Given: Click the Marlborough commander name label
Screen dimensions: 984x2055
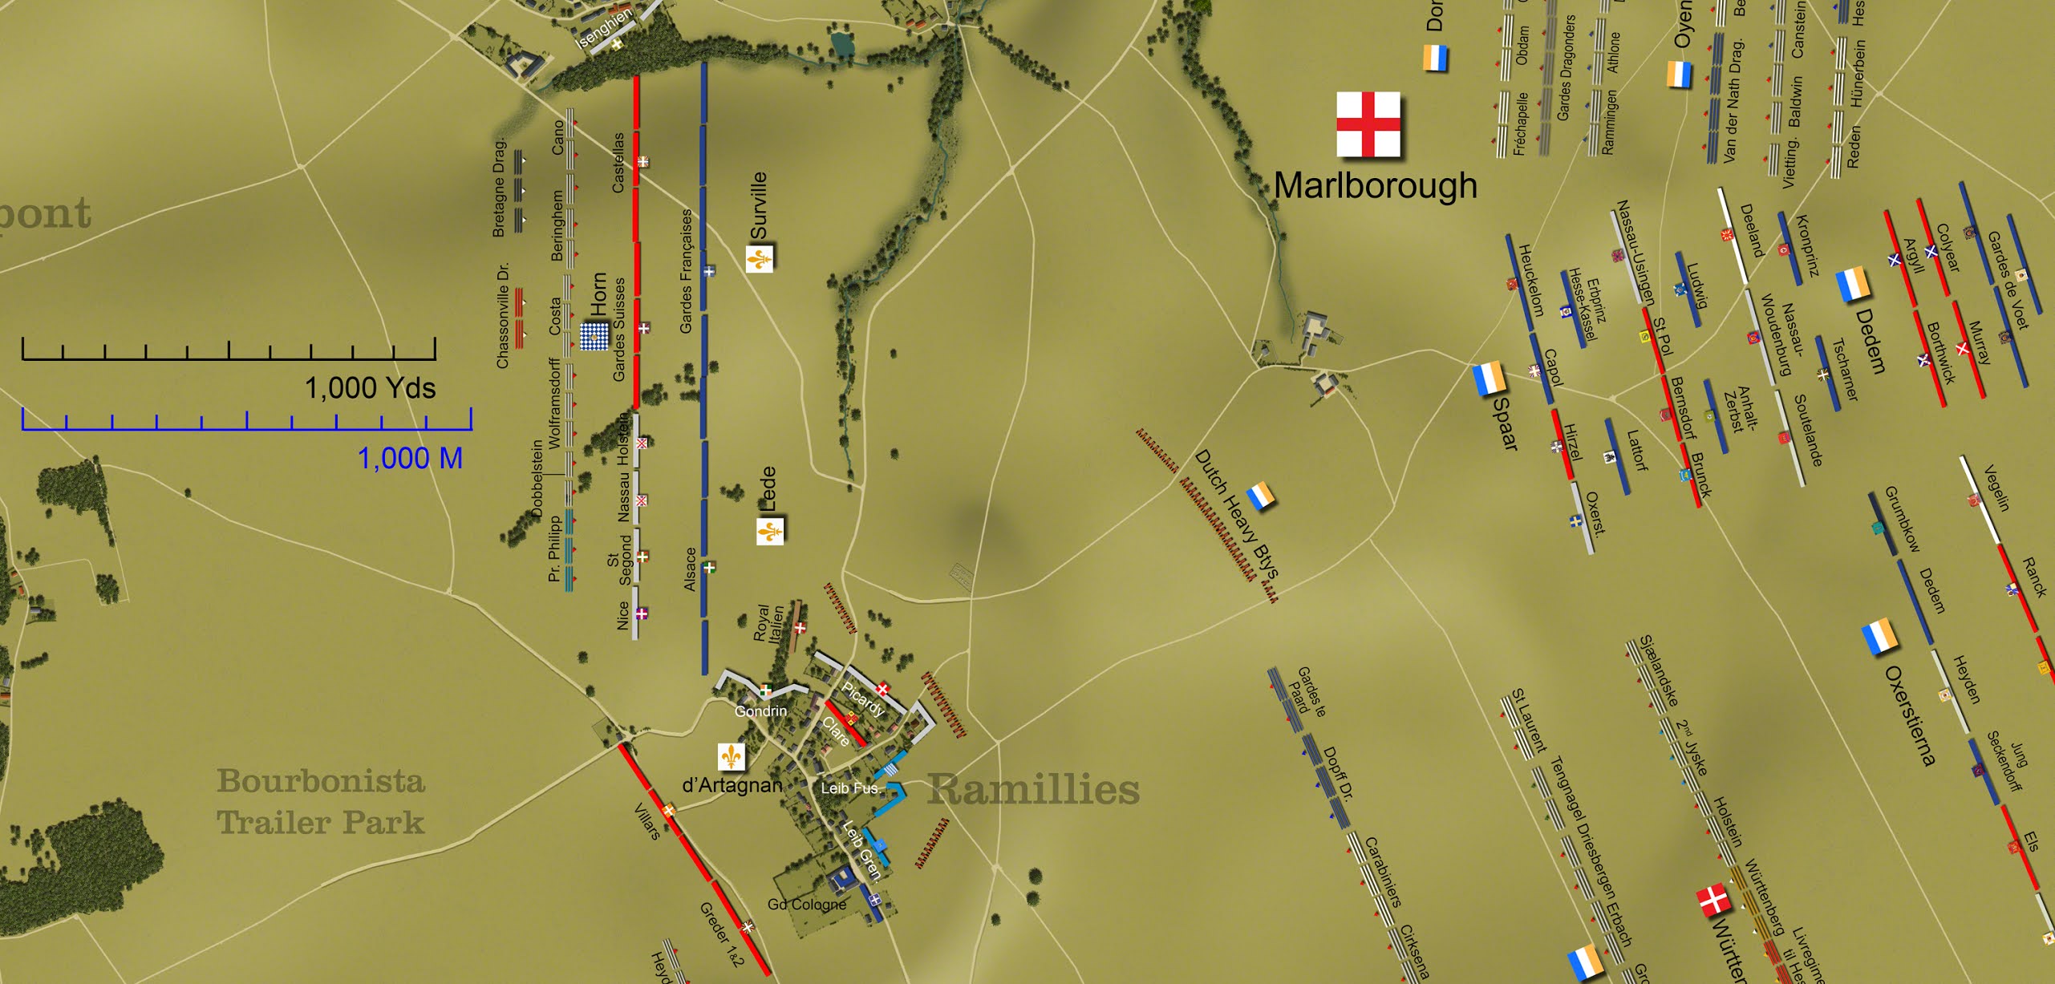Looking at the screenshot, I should pyautogui.click(x=1375, y=185).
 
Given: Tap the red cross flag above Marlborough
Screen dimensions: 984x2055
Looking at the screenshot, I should pyautogui.click(x=1368, y=124).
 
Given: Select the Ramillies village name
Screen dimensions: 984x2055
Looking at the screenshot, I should pyautogui.click(x=1033, y=789).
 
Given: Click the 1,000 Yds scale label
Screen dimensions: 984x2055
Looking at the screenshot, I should pyautogui.click(x=370, y=388).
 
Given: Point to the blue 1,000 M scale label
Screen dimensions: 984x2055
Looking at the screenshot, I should pyautogui.click(x=410, y=459).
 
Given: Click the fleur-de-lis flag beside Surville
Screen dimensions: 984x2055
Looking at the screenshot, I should pyautogui.click(x=760, y=259).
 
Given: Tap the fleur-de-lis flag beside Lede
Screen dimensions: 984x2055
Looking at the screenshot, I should pyautogui.click(x=770, y=531).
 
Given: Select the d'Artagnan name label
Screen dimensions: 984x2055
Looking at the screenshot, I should pyautogui.click(x=732, y=785).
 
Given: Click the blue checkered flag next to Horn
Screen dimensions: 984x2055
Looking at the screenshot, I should pyautogui.click(x=594, y=335).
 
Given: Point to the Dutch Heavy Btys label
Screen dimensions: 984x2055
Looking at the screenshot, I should pyautogui.click(x=1235, y=514).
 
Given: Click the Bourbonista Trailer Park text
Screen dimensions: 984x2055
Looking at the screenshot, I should pyautogui.click(x=321, y=801).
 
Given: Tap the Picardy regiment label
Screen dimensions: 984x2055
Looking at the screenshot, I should pyautogui.click(x=862, y=699).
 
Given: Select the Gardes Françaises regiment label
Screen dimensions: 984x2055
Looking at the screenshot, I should pyautogui.click(x=686, y=271).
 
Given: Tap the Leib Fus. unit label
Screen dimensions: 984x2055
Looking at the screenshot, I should pyautogui.click(x=849, y=788).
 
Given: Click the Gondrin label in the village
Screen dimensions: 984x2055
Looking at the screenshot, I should pyautogui.click(x=760, y=711).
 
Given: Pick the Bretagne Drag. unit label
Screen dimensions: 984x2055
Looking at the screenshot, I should pyautogui.click(x=499, y=188).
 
